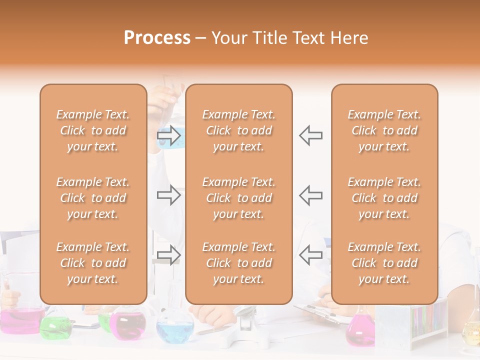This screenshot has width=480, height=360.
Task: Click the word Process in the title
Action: coord(157,37)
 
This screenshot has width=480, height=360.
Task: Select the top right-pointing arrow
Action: coord(169,135)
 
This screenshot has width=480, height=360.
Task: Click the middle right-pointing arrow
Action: coord(169,195)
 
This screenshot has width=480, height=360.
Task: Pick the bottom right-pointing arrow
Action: coord(169,255)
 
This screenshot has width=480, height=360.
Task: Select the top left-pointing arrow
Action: coord(310,135)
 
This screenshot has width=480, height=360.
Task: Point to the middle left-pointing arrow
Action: coord(310,195)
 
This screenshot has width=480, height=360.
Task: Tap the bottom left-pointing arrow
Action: coord(310,255)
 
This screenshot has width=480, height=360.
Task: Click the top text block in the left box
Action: coord(93,130)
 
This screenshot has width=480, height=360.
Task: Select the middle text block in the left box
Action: coord(93,198)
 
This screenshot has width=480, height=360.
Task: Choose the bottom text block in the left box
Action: coord(93,263)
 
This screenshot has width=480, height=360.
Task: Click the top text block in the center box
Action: coord(238,130)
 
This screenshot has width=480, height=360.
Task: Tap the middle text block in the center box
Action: coord(238,198)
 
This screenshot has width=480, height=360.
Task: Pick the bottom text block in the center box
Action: coord(238,263)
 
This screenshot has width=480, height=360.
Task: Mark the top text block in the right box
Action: coord(384,130)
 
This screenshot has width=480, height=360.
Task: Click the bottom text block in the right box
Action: coord(384,263)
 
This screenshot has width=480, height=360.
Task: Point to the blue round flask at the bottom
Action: coord(174,330)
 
